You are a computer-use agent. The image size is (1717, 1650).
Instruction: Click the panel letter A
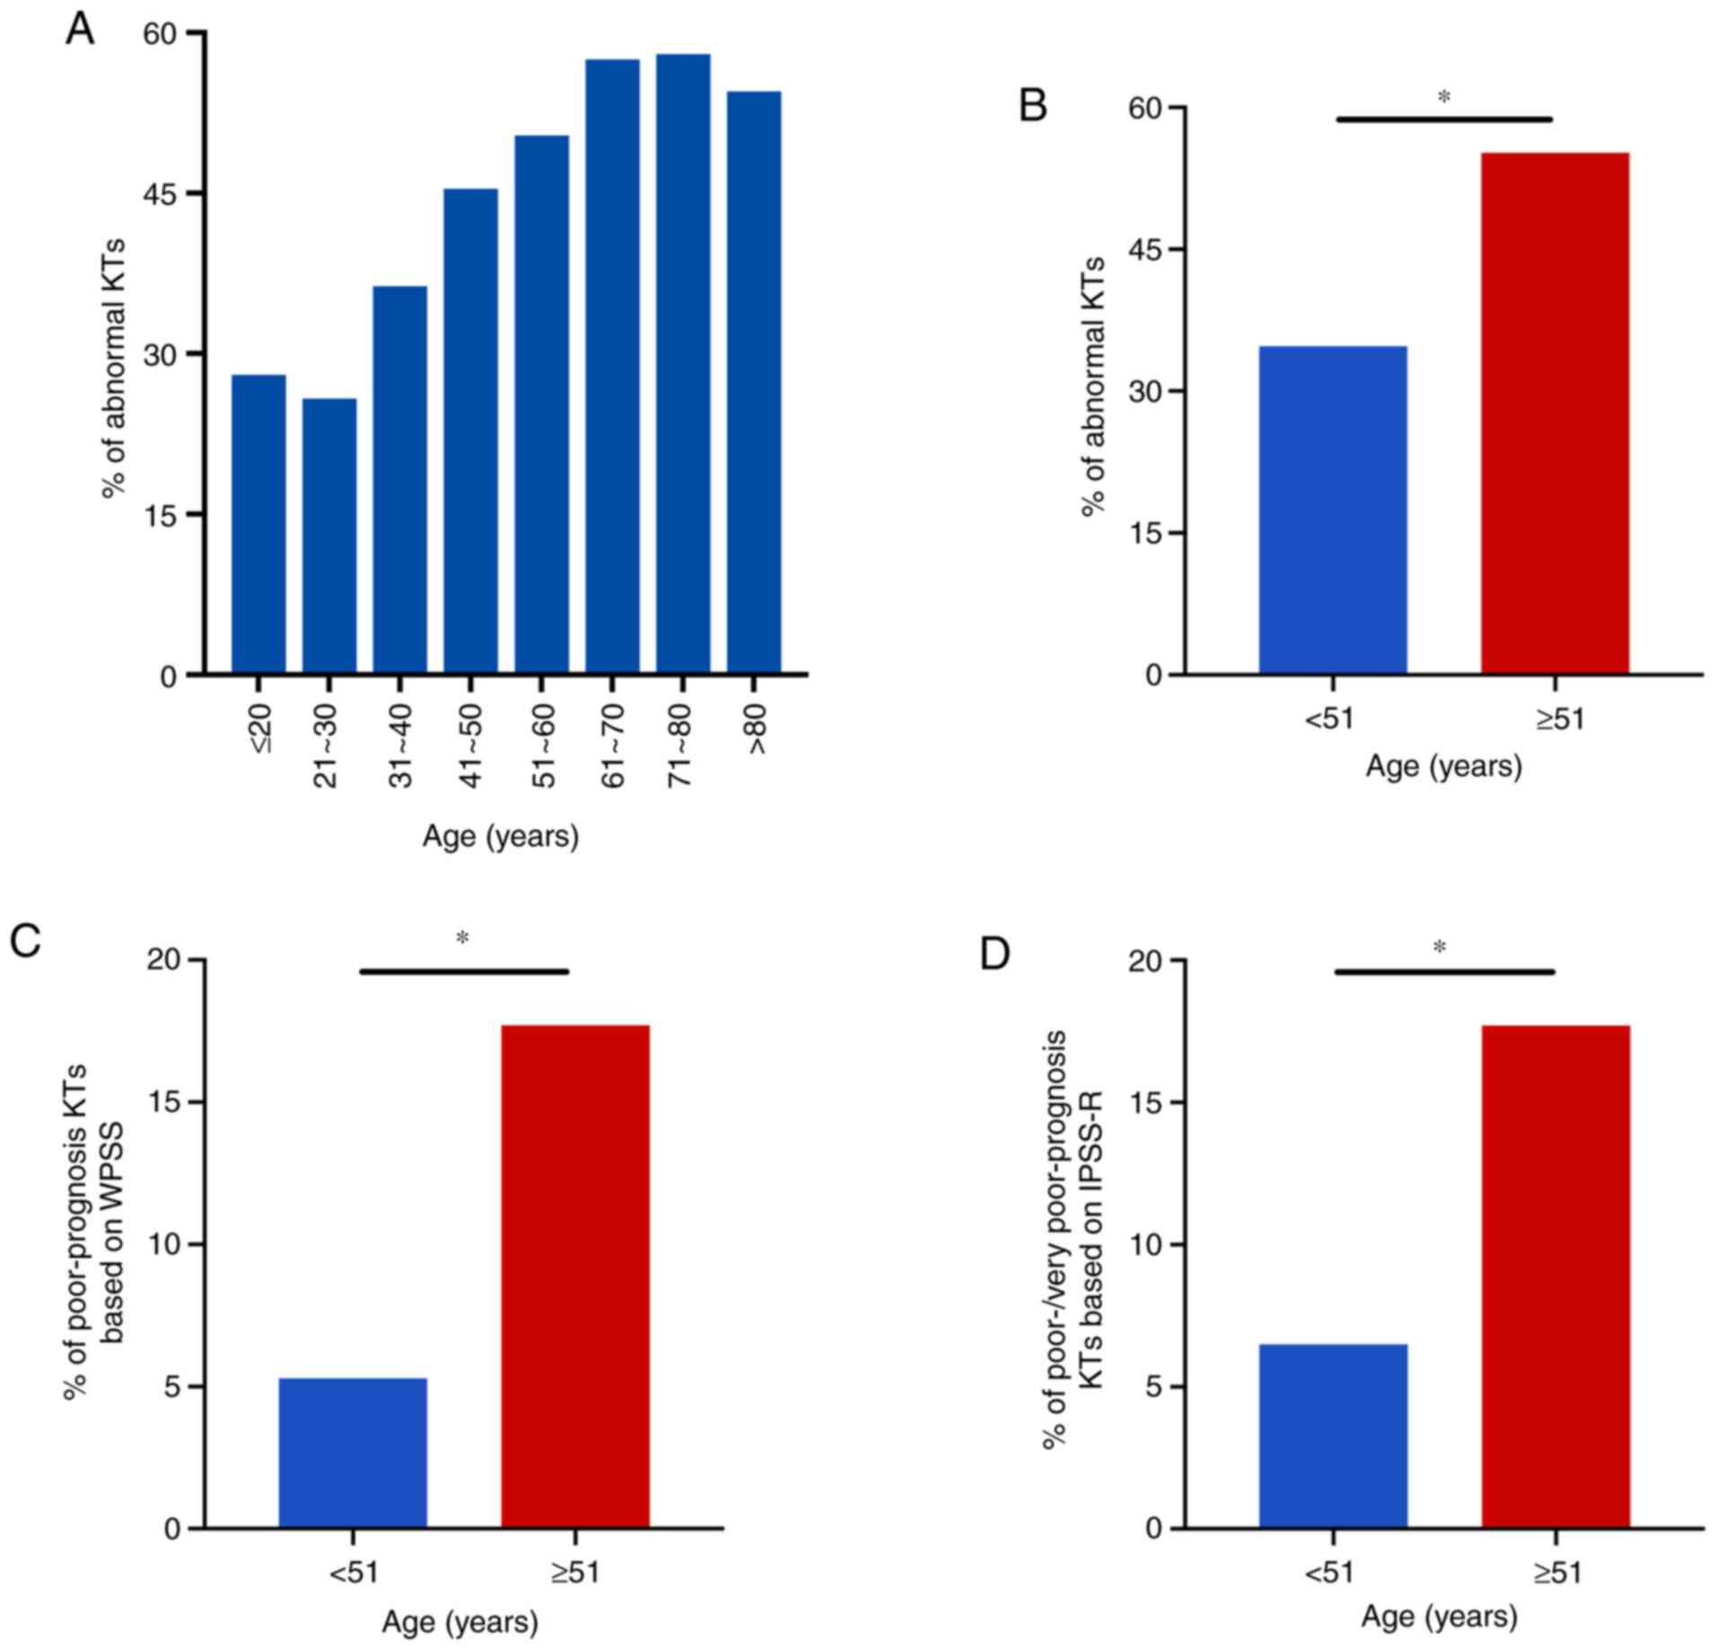pyautogui.click(x=80, y=31)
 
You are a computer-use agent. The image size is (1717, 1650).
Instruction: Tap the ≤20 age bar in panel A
pyautogui.click(x=258, y=524)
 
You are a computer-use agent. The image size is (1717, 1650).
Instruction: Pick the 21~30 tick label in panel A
pyautogui.click(x=327, y=747)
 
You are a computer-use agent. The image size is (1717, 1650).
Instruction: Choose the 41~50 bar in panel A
pyautogui.click(x=470, y=431)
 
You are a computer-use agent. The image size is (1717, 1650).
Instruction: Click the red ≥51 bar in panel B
pyautogui.click(x=1555, y=413)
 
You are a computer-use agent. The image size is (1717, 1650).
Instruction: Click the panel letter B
pyautogui.click(x=1033, y=107)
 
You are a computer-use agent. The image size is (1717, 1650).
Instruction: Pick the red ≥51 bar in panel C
pyautogui.click(x=575, y=1276)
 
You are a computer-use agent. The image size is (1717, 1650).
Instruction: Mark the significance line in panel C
pyautogui.click(x=464, y=970)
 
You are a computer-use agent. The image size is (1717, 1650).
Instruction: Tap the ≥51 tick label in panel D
pyautogui.click(x=1556, y=1572)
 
